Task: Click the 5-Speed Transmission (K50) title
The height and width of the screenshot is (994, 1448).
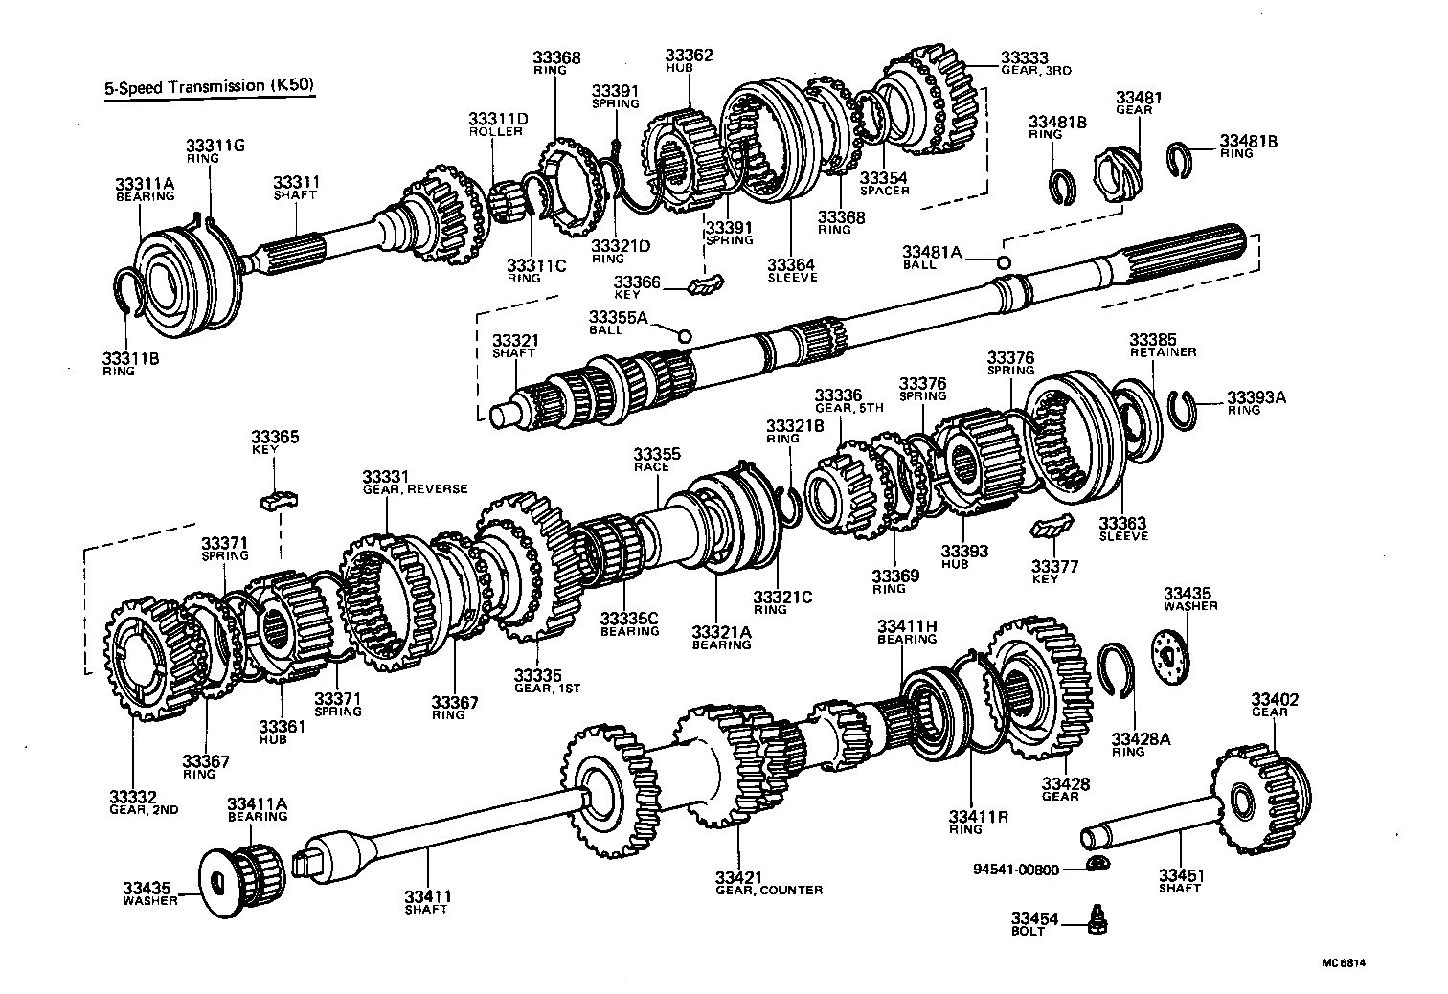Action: (209, 87)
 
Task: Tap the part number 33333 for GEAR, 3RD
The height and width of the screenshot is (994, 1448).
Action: (1025, 57)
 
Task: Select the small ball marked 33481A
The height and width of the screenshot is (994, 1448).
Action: (1003, 263)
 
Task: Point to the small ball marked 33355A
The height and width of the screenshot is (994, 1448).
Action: (684, 335)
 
